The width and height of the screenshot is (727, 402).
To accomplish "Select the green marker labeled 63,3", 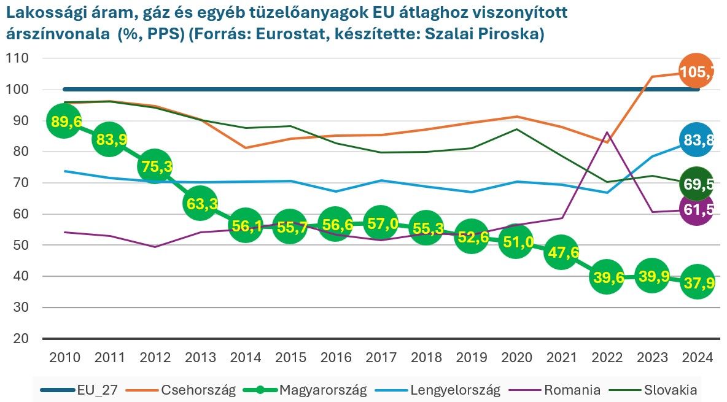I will pos(200,204).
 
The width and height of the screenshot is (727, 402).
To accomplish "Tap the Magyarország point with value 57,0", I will pos(380,223).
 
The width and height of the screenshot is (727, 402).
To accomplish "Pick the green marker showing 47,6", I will pos(561,253).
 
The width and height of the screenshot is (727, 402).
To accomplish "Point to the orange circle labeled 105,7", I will pos(696,72).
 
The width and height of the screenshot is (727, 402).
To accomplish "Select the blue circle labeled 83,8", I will pos(696,140).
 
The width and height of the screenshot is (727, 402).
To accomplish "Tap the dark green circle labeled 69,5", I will pos(696,184).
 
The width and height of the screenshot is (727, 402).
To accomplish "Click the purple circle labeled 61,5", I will pos(696,209).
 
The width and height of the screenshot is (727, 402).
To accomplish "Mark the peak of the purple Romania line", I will pos(607,132).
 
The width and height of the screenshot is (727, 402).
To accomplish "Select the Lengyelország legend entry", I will pos(455,390).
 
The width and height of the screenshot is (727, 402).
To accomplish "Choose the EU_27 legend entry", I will pos(95,390).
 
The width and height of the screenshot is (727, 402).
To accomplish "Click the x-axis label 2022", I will pos(606,358).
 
